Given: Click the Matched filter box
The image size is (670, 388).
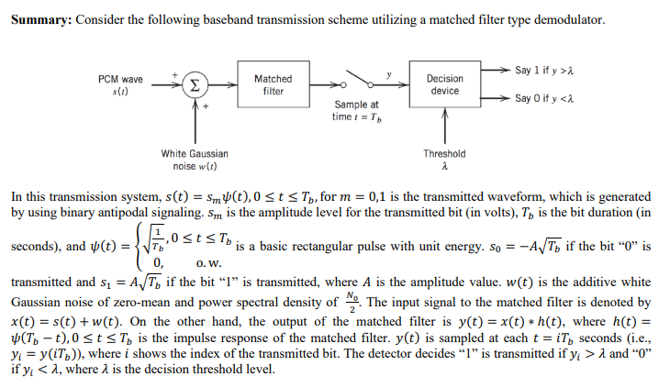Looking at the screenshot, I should click(x=273, y=85).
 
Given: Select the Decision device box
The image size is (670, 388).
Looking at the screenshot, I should click(x=445, y=85).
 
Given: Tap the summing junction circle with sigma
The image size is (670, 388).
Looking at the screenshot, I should click(x=195, y=85).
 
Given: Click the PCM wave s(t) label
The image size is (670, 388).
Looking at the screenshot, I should click(x=120, y=85).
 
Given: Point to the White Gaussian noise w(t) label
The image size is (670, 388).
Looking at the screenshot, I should click(x=195, y=160).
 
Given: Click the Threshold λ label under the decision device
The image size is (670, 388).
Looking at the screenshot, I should click(x=444, y=160).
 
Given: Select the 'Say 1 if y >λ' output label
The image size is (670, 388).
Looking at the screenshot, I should click(x=544, y=71).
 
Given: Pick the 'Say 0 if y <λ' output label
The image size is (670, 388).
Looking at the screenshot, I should click(x=544, y=98).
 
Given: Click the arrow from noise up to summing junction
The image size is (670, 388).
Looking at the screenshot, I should click(x=195, y=119).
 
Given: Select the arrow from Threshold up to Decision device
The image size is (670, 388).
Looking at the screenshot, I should click(x=445, y=124).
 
